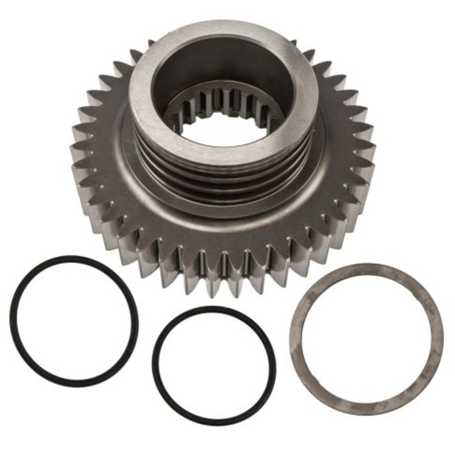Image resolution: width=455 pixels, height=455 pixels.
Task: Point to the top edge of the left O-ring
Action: pos(74,258)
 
